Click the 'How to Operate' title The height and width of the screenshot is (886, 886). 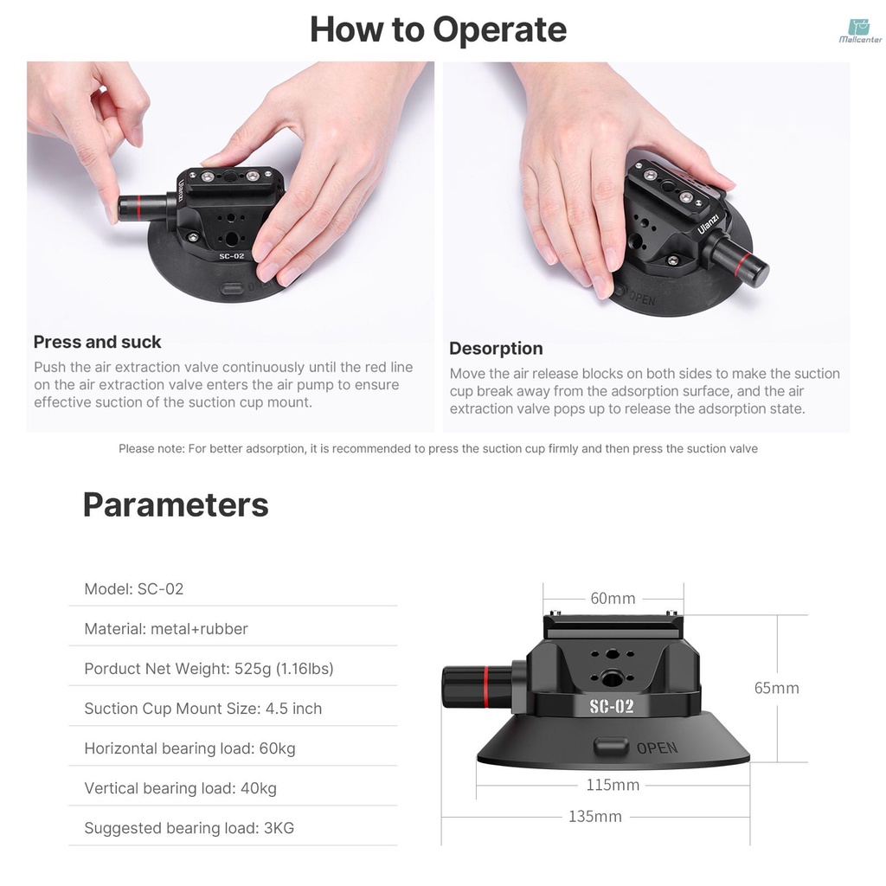(438, 29)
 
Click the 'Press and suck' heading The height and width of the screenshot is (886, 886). (98, 342)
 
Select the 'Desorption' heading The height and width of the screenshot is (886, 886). (496, 349)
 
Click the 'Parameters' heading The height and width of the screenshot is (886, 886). (176, 504)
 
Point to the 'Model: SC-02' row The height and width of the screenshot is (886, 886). (134, 589)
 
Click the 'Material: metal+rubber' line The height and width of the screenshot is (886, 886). (166, 629)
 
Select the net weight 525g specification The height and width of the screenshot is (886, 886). (209, 669)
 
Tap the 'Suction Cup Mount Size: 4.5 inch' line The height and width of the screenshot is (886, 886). (202, 709)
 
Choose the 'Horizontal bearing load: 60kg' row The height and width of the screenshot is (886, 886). (189, 748)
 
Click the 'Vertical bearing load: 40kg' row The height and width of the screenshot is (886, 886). (180, 788)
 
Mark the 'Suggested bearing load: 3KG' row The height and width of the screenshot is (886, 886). (189, 828)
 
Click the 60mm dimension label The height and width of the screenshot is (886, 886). (613, 598)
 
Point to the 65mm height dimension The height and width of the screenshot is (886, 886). (776, 688)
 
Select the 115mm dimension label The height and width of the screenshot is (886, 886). (613, 785)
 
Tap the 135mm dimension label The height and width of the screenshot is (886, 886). (594, 816)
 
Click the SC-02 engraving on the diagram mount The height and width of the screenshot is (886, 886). (612, 706)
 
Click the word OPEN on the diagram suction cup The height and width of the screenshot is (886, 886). (657, 748)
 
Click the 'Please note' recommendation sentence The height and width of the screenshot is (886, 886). (438, 448)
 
